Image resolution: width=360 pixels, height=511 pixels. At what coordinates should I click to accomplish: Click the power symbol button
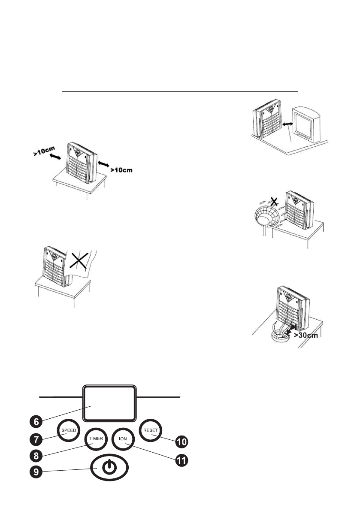pyautogui.click(x=110, y=467)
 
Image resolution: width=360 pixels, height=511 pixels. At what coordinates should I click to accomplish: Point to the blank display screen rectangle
pyautogui.click(x=109, y=402)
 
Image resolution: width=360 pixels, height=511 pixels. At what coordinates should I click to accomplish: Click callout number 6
pyautogui.click(x=36, y=421)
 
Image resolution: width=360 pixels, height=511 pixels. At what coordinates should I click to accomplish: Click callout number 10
pyautogui.click(x=182, y=441)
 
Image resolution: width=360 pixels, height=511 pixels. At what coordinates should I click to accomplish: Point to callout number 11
pyautogui.click(x=182, y=460)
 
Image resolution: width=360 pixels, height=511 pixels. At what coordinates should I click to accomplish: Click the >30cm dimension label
pyautogui.click(x=304, y=335)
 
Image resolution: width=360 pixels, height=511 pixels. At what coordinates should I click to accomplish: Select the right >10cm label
pyautogui.click(x=121, y=170)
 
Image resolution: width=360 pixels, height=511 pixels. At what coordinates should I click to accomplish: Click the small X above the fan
pyautogui.click(x=270, y=200)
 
